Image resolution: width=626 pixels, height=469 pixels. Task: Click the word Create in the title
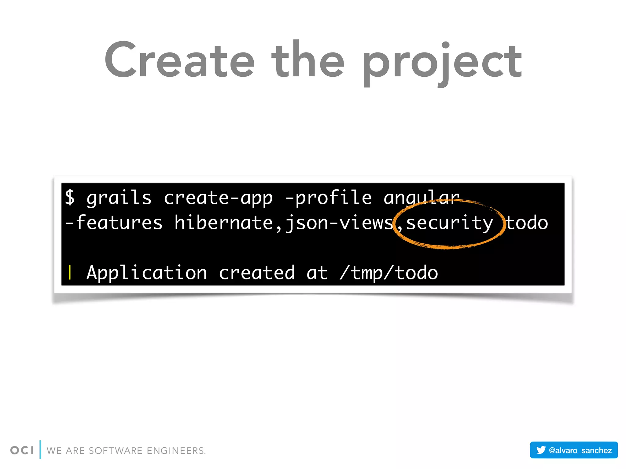coord(180,60)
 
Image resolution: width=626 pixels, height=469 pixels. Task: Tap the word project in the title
coord(442,63)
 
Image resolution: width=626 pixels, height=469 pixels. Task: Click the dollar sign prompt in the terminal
coord(70,197)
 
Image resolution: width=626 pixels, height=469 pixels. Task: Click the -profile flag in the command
coord(329,197)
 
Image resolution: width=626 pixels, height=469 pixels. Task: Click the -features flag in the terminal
coord(114,222)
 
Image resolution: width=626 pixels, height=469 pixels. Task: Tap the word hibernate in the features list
coord(223,222)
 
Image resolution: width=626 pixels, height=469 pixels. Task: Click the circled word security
coord(449,223)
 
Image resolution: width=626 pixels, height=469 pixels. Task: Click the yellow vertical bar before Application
coord(70,272)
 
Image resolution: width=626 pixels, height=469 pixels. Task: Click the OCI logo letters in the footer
coord(22,450)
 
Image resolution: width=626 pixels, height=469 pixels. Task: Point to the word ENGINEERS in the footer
coord(176,451)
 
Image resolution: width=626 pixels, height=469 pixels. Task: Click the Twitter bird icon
coord(541,450)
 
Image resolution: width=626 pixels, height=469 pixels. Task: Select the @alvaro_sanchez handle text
coord(580,450)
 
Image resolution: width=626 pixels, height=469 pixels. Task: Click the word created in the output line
coord(257,272)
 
